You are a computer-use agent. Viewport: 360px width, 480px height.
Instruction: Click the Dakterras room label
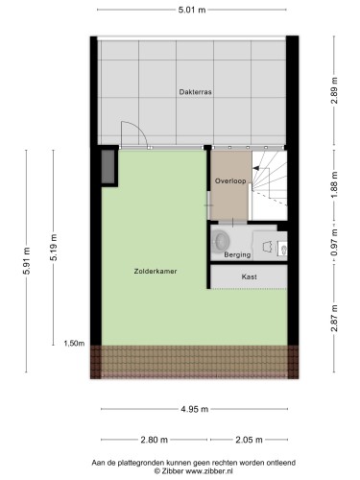[x=195, y=92]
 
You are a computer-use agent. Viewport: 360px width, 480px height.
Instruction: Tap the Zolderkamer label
[x=156, y=272]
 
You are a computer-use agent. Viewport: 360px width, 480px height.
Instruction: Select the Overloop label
[x=230, y=181]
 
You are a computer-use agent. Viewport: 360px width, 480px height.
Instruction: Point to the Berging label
[x=237, y=254]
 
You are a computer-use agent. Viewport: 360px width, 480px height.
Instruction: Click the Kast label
[x=250, y=276]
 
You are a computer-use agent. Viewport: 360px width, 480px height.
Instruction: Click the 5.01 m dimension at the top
[x=192, y=10]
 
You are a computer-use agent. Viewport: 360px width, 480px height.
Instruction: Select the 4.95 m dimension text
[x=195, y=409]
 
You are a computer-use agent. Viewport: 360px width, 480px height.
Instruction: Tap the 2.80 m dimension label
[x=155, y=440]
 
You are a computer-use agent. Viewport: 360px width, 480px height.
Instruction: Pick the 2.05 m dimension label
[x=249, y=440]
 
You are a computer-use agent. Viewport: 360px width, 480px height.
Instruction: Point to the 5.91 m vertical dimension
[x=26, y=261]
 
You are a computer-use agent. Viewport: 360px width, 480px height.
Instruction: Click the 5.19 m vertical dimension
[x=54, y=248]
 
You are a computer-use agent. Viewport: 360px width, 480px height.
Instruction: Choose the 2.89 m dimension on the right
[x=334, y=90]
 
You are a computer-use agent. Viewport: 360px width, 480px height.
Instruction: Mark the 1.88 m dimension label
[x=334, y=184]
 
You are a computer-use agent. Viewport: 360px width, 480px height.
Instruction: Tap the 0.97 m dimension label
[x=334, y=242]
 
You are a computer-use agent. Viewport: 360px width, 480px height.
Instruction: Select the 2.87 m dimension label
[x=334, y=319]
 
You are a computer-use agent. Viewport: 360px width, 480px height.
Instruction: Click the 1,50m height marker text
[x=74, y=344]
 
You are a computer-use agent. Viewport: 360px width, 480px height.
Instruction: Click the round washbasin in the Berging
[x=221, y=240]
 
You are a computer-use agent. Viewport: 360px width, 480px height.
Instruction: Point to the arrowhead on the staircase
[x=256, y=168]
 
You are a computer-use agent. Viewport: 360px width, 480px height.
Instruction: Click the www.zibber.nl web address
[x=209, y=471]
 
